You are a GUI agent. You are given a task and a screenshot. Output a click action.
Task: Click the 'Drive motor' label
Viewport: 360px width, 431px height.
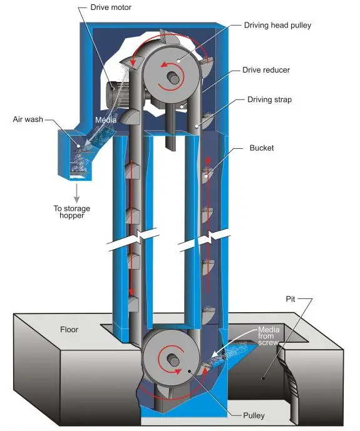(111, 8)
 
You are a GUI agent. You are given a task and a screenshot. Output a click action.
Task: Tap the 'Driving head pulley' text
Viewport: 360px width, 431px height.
(277, 25)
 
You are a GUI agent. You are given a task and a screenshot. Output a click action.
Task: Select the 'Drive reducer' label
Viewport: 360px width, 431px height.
(266, 70)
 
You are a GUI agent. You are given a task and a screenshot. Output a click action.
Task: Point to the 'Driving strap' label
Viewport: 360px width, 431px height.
(269, 99)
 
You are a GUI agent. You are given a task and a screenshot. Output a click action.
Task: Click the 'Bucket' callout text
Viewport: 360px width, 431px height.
(262, 148)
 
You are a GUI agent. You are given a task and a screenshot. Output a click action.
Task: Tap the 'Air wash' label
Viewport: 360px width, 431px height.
(28, 119)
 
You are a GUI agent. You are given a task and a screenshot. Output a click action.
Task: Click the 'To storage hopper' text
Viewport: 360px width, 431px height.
(72, 211)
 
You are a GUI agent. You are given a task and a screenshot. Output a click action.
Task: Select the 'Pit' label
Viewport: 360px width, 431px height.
(291, 299)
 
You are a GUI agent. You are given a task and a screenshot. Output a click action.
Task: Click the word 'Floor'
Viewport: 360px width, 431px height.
(69, 329)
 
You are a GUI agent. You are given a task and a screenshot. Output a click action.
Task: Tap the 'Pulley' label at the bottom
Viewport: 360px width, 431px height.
(254, 415)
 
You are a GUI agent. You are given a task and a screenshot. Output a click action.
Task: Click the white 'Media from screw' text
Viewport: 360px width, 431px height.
(269, 336)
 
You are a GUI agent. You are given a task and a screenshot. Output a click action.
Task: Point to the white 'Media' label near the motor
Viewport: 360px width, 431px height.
(106, 120)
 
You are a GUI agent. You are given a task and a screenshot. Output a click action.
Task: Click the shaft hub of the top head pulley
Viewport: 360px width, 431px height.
(174, 77)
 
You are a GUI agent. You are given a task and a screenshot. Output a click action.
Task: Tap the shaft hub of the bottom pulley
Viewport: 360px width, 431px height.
(173, 360)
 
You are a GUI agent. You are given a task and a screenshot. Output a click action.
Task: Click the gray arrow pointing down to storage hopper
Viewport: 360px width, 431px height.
(77, 193)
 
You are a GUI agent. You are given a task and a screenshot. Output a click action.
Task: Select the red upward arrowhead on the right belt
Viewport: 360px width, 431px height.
(208, 160)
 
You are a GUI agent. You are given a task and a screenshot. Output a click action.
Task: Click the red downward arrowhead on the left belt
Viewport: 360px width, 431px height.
(131, 292)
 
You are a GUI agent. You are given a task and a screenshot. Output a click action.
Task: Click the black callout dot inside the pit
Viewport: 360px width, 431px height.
(263, 378)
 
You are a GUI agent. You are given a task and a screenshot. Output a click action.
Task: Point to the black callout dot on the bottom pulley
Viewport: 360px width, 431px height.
(190, 372)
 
